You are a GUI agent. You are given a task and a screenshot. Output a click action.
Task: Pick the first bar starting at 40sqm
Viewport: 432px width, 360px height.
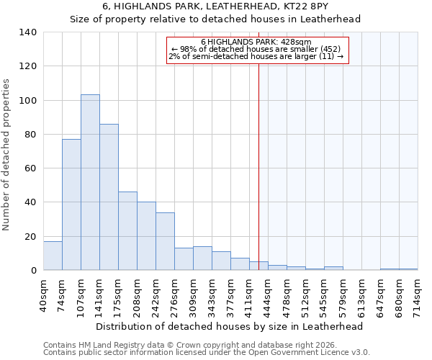pyautogui.click(x=53, y=256)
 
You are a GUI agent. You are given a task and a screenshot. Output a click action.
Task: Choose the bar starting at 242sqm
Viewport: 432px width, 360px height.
pyautogui.click(x=165, y=241)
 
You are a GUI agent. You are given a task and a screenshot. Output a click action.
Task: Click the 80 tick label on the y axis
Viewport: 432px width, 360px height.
pyautogui.click(x=30, y=135)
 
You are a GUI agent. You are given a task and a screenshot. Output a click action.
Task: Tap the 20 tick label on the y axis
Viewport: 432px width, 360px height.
pyautogui.click(x=30, y=236)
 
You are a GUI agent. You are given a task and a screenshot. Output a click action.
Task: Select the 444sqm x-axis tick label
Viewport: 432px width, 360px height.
pyautogui.click(x=268, y=295)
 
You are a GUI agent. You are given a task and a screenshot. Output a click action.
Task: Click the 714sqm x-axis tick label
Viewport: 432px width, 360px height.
pyautogui.click(x=418, y=295)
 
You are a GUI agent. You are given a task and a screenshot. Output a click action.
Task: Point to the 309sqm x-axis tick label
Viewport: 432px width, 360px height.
pyautogui.click(x=193, y=295)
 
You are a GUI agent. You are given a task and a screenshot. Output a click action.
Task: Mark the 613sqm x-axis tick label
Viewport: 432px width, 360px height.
pyautogui.click(x=361, y=295)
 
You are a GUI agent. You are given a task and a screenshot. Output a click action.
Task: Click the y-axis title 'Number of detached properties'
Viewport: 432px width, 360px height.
pyautogui.click(x=7, y=155)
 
